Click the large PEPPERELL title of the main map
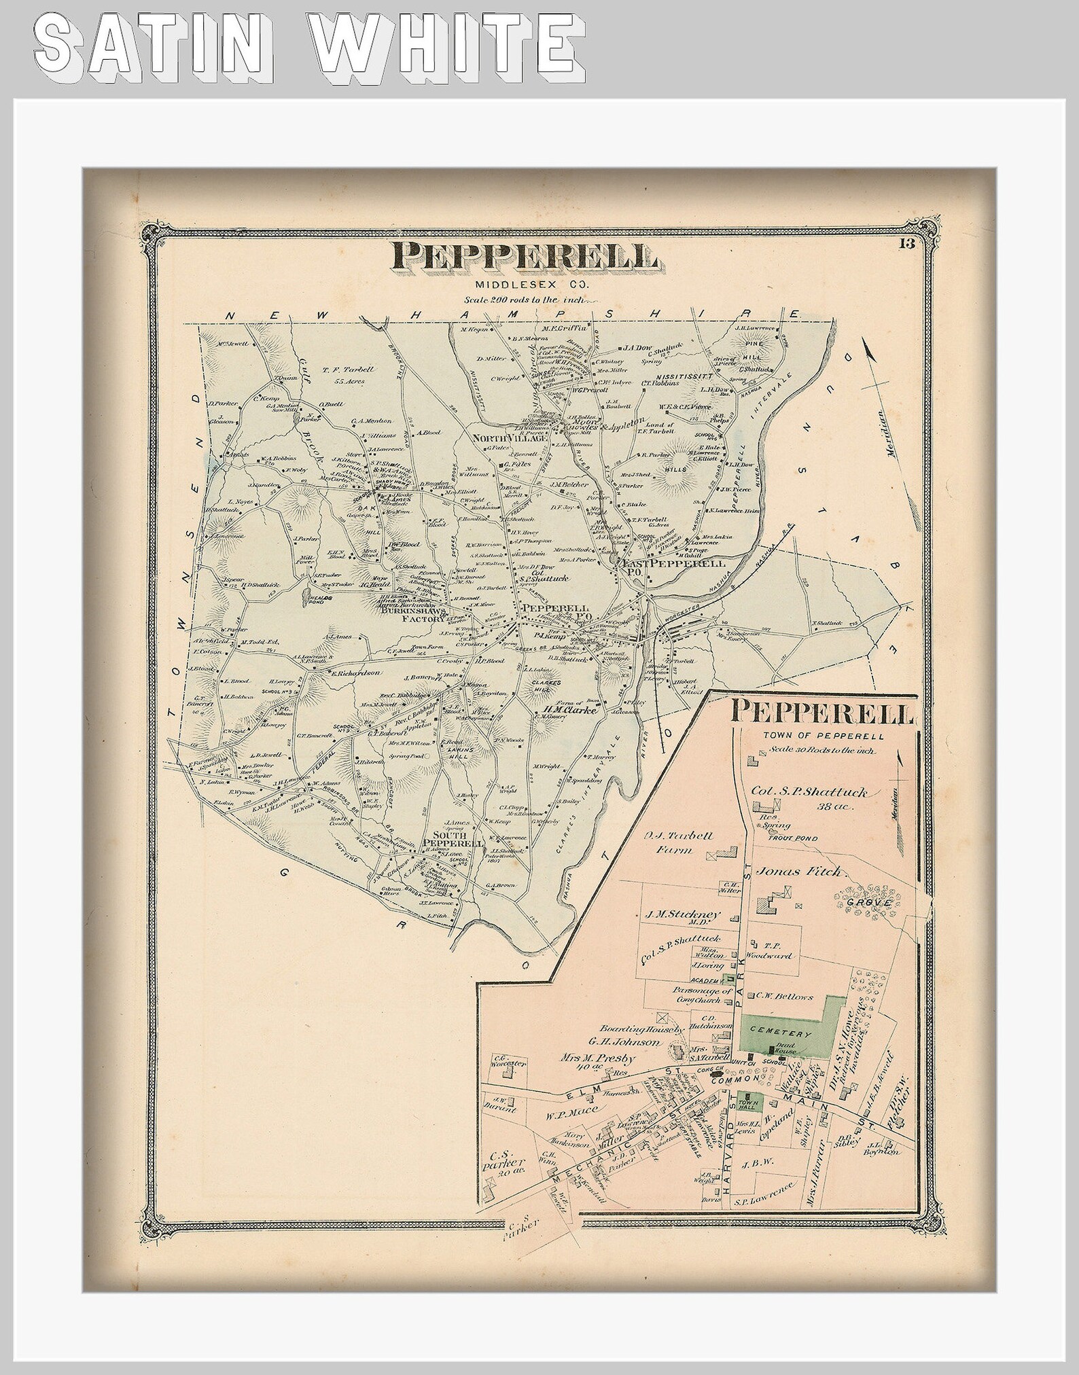(x=524, y=256)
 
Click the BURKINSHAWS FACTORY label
(x=414, y=615)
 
